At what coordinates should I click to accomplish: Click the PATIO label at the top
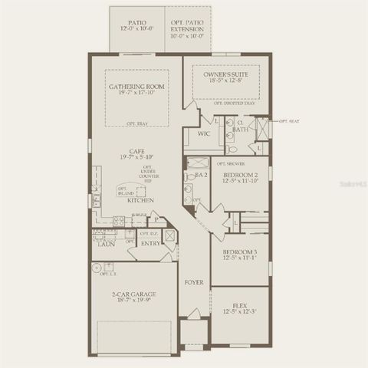137,22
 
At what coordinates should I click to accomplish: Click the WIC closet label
204,133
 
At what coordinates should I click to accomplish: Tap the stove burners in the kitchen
120,221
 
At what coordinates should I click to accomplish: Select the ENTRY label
150,244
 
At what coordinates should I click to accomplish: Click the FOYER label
194,282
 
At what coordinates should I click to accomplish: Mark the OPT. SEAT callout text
288,121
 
